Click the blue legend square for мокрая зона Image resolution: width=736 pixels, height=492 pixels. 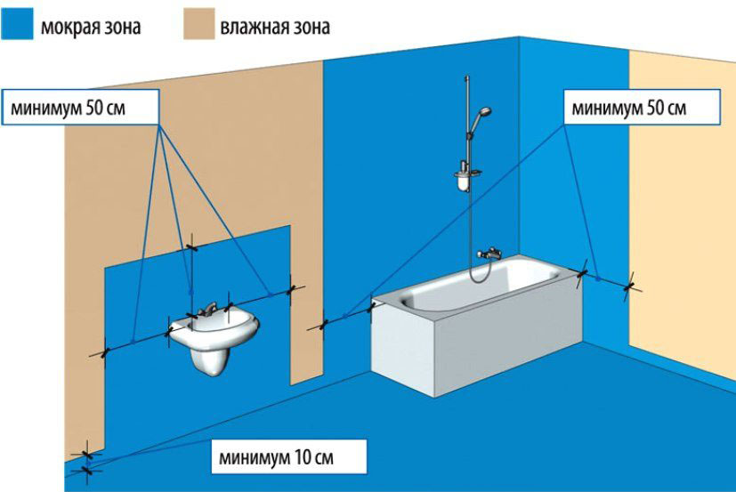click(x=17, y=24)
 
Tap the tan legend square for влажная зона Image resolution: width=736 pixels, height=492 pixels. click(x=199, y=24)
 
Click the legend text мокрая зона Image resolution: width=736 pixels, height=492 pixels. click(x=91, y=27)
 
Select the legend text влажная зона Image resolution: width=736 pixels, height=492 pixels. click(x=275, y=27)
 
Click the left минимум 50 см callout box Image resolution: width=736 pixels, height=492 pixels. click(x=80, y=108)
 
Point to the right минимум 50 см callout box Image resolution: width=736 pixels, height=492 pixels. click(x=642, y=108)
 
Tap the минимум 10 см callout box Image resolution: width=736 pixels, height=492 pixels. click(x=288, y=456)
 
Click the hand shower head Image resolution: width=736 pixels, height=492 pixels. click(x=482, y=114)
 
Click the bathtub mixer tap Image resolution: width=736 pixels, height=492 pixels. click(x=489, y=254)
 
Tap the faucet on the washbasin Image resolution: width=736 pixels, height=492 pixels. click(x=208, y=310)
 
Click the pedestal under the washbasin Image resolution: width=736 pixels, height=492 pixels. click(x=211, y=358)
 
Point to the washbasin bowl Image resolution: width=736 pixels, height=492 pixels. click(x=214, y=329)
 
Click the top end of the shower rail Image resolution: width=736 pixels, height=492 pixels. click(x=466, y=77)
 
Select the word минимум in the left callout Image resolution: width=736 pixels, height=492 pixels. click(x=44, y=109)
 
